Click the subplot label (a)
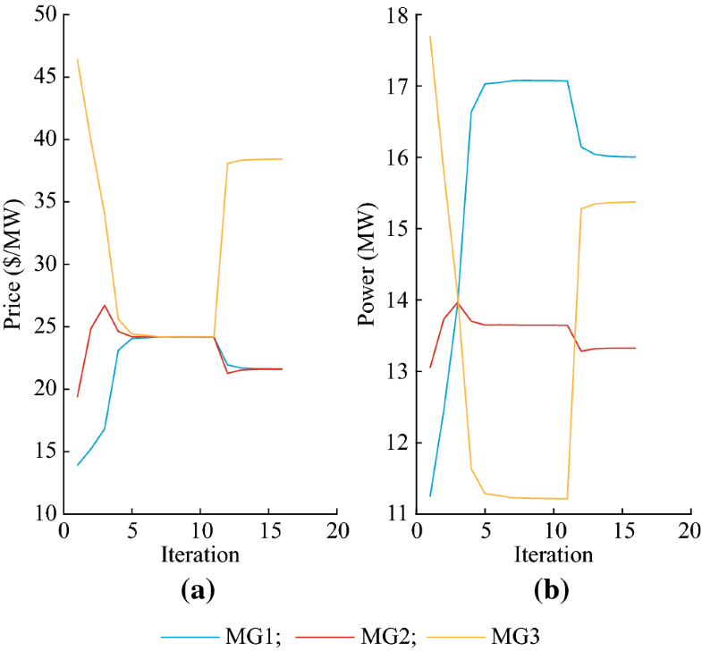(199, 591)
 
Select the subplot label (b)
(553, 591)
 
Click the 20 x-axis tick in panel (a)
(337, 530)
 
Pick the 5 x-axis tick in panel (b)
(485, 530)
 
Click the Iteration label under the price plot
(199, 555)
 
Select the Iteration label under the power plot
(554, 555)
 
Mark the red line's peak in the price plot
(105, 306)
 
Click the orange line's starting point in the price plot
(78, 59)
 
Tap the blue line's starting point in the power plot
(430, 495)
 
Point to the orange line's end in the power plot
(635, 202)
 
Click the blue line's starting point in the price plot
(78, 465)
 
